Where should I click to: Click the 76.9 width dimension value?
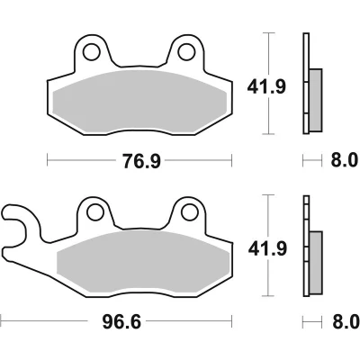click(x=141, y=161)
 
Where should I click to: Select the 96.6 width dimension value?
click(x=121, y=322)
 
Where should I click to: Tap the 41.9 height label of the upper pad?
click(x=266, y=87)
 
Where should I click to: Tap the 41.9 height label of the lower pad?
click(x=267, y=248)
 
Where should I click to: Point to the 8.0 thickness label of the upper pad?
click(x=345, y=160)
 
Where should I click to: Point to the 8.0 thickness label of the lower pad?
click(x=346, y=322)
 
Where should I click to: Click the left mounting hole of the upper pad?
click(x=92, y=52)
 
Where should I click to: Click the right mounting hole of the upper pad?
click(x=186, y=52)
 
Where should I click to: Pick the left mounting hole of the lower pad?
click(x=95, y=211)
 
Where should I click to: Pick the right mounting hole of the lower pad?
click(x=190, y=211)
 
